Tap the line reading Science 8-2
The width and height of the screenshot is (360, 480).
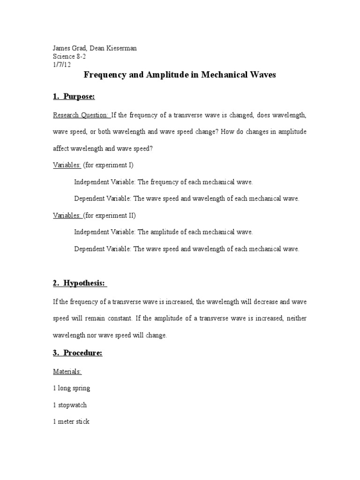(x=69, y=57)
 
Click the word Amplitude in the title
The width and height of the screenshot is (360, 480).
(x=159, y=75)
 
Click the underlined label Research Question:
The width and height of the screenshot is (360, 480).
(x=81, y=115)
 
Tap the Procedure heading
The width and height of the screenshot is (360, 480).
(x=77, y=353)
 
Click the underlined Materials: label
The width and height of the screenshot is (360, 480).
(x=67, y=372)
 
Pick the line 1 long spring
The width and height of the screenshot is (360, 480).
(x=71, y=388)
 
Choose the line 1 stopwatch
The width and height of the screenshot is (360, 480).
(x=69, y=405)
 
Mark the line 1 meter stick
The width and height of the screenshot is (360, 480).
(x=71, y=421)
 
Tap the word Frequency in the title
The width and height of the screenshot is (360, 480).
(x=104, y=75)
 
